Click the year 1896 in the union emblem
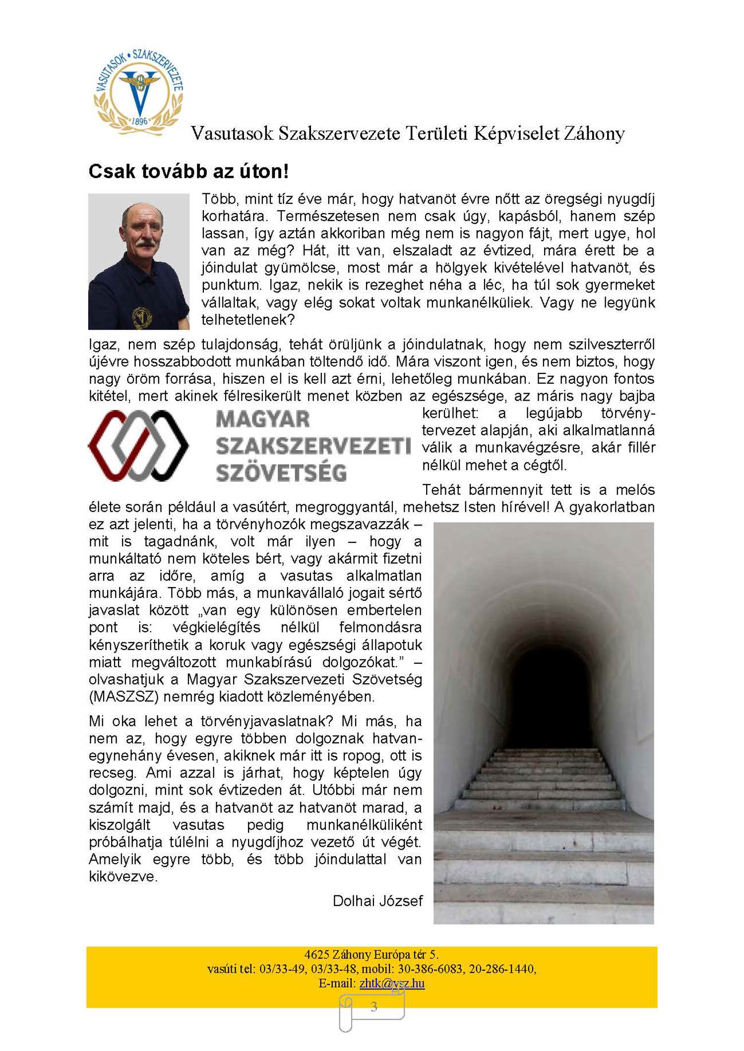(139, 121)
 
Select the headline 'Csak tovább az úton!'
(188, 172)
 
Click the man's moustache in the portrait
(143, 244)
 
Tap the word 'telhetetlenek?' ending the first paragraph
(248, 320)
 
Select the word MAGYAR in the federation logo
(263, 419)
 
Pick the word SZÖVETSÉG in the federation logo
(281, 472)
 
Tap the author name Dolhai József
(377, 901)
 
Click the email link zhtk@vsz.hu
(392, 983)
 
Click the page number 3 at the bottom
(373, 1007)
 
